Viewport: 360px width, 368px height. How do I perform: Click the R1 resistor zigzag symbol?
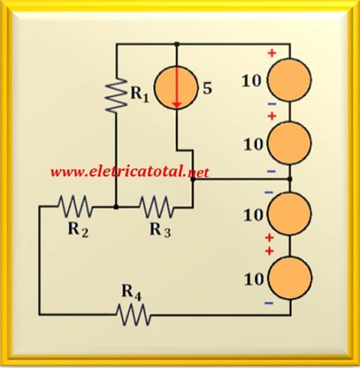[116, 95]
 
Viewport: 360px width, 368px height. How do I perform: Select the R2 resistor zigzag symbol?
[74, 206]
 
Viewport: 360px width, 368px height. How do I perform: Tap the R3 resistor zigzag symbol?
[156, 207]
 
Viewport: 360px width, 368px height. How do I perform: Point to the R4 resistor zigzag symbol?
[133, 315]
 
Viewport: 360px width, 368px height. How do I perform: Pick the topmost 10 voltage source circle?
[290, 80]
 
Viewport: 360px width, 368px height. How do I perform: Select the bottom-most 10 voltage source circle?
[291, 278]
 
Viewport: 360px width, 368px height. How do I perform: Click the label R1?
[140, 94]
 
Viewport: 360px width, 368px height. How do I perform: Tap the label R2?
[79, 230]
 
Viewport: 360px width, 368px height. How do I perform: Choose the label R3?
[160, 230]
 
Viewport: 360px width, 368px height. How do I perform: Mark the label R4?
[132, 293]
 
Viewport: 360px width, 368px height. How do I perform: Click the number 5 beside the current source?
[207, 88]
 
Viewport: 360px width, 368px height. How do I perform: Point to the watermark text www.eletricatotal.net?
[130, 172]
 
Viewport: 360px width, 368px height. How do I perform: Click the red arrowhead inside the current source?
[177, 106]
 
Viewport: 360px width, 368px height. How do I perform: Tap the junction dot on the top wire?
[177, 44]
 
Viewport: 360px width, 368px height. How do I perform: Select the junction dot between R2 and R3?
[116, 207]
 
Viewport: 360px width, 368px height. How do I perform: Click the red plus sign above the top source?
[272, 53]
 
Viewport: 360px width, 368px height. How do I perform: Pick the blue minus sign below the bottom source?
[269, 304]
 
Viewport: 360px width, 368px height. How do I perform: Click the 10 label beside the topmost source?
[251, 81]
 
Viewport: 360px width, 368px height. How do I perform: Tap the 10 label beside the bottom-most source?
[254, 279]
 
